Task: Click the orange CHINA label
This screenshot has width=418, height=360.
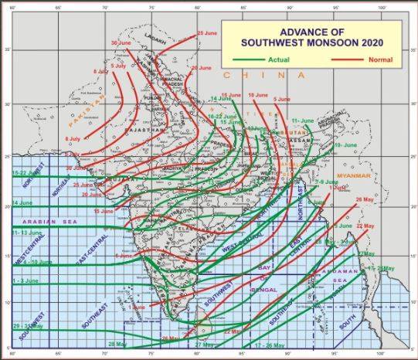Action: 263,76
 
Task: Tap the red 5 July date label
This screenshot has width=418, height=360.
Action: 118,66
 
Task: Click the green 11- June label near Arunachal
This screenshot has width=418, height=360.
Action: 302,121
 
